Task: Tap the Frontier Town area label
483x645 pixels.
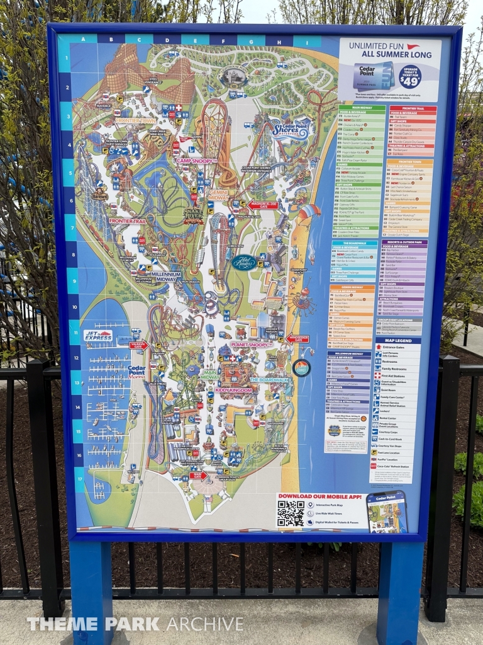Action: point(135,120)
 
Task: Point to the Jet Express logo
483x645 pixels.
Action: point(98,336)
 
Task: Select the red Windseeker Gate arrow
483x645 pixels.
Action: point(297,339)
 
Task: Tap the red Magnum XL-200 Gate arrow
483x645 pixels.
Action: point(262,205)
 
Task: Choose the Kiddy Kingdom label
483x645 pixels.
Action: point(233,390)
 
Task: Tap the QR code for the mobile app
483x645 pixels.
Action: point(291,513)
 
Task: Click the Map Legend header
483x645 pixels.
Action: point(398,341)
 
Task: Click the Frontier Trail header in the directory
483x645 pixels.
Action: point(412,110)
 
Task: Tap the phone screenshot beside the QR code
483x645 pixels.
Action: point(387,511)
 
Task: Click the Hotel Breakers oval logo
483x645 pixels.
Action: point(244,262)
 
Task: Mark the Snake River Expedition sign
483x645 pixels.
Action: point(192,215)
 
